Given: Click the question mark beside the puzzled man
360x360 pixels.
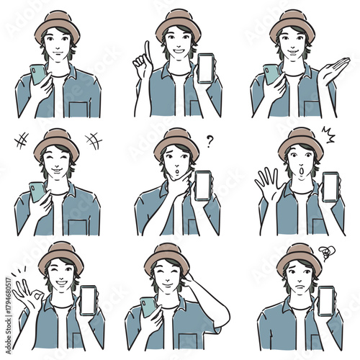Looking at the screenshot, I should pyautogui.click(x=210, y=141).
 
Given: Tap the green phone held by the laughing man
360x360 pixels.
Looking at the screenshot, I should pyautogui.click(x=37, y=191).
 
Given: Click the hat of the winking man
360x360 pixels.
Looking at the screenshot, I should pyautogui.click(x=60, y=253).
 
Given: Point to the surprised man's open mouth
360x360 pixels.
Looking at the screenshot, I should pyautogui.click(x=300, y=173).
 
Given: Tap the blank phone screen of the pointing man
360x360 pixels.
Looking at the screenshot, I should pyautogui.click(x=205, y=69).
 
